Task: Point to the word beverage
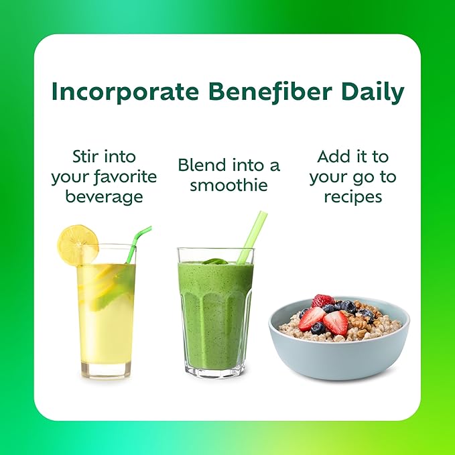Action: [x=103, y=197]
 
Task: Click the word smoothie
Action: [x=228, y=184]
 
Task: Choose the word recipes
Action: [x=352, y=197]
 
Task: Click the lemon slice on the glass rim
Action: [x=77, y=245]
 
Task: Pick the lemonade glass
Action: [x=107, y=315]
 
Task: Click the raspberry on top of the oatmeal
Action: [x=323, y=302]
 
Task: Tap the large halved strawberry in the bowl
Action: [x=335, y=322]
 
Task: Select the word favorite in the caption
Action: [x=124, y=177]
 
